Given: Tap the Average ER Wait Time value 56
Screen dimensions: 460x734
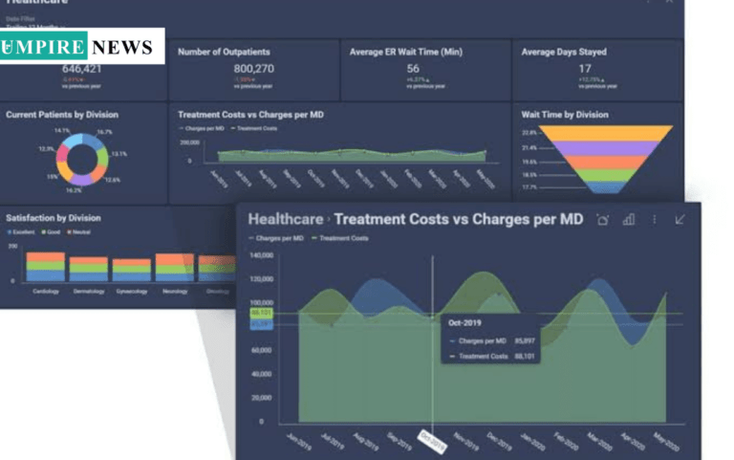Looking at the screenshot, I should [413, 69].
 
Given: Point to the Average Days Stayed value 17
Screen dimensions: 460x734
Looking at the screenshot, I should [584, 69].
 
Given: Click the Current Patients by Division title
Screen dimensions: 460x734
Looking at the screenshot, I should [62, 115].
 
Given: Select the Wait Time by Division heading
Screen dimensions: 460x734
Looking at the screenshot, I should [565, 115].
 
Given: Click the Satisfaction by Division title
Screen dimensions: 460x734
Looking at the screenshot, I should [54, 218].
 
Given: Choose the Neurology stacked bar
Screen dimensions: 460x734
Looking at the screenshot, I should [174, 267].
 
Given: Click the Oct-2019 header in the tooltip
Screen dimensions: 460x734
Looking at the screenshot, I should [465, 322].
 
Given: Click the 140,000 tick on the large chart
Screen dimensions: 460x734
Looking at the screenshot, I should [262, 255].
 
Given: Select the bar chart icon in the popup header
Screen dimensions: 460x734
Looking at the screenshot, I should [628, 220].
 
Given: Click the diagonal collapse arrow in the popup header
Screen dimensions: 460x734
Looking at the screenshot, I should [680, 220].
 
